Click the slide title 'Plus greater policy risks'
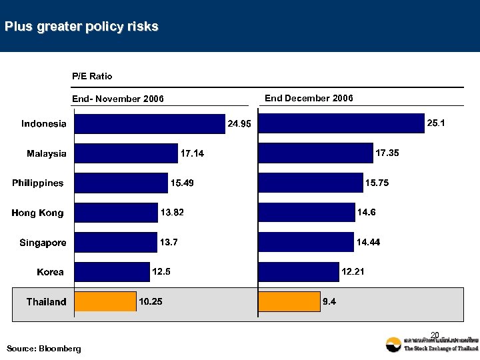[x=81, y=27]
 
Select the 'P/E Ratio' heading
[x=92, y=76]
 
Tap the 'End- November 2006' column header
[x=118, y=99]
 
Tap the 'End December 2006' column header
[x=309, y=98]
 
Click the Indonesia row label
[x=44, y=123]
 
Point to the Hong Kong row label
[x=37, y=213]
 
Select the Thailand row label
[x=46, y=302]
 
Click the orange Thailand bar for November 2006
[x=105, y=302]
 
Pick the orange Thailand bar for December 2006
[x=289, y=302]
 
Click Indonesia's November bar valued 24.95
[x=150, y=124]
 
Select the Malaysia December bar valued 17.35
[x=315, y=153]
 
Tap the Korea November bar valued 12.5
[x=112, y=272]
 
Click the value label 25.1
[x=437, y=123]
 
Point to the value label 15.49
[x=183, y=183]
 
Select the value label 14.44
[x=368, y=242]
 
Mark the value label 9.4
[x=329, y=302]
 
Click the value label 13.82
[x=172, y=212]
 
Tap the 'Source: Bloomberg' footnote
[x=43, y=349]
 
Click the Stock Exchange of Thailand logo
[x=431, y=344]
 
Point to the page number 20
[x=435, y=335]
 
